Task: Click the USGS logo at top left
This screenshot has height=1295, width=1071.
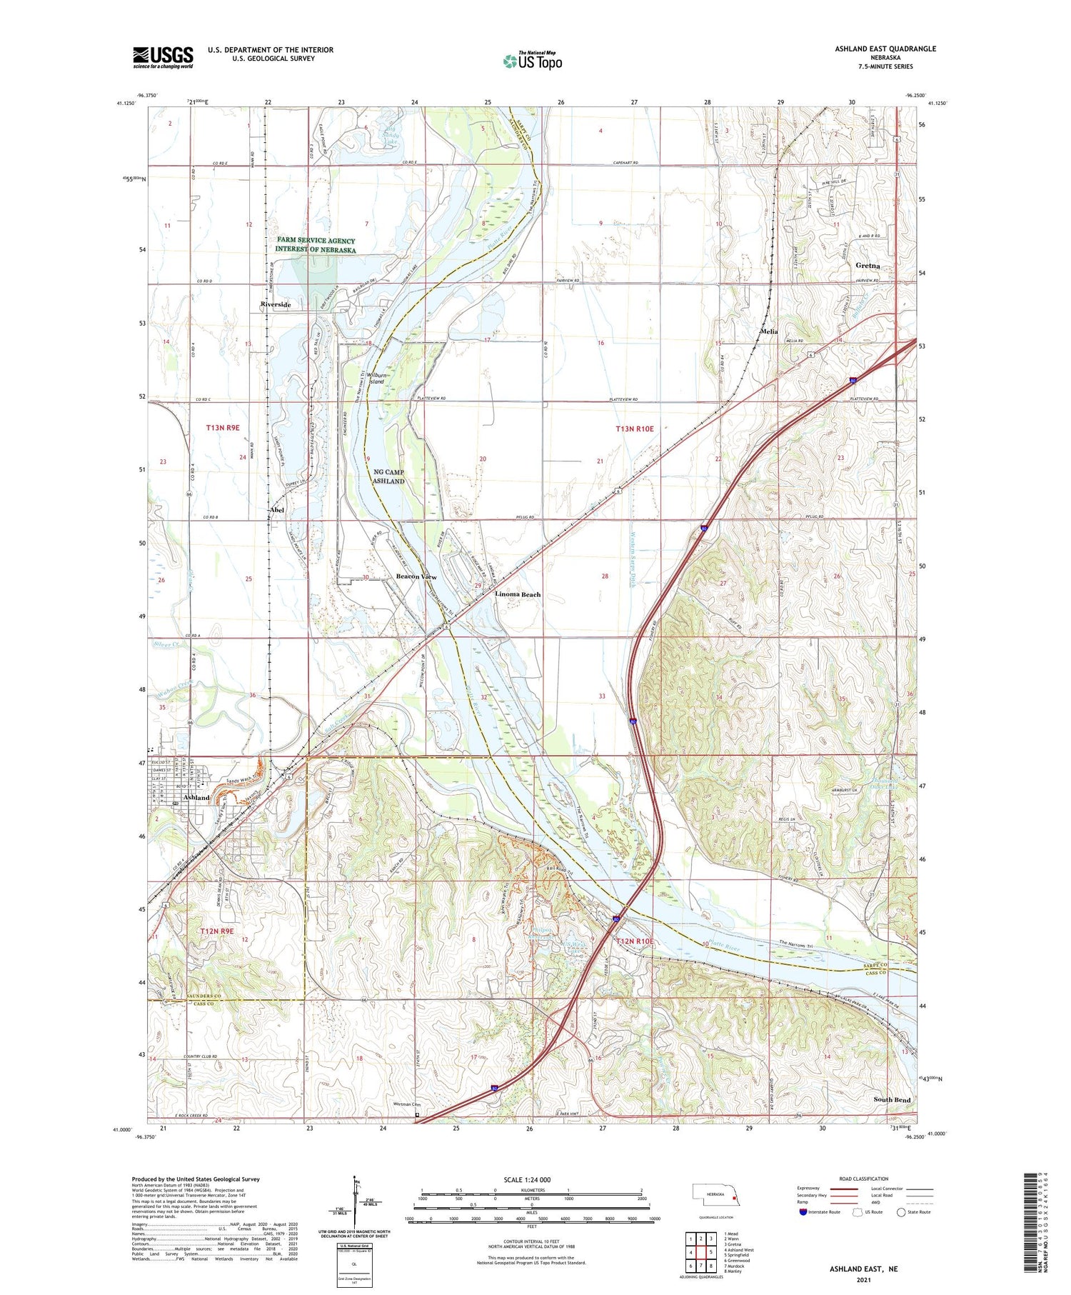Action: click(x=163, y=57)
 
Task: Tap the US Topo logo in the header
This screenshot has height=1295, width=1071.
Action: click(x=532, y=61)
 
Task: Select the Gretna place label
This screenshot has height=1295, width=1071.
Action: click(x=868, y=265)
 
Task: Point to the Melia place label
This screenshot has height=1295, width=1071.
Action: click(x=768, y=331)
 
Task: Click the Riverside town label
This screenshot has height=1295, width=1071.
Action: click(x=275, y=304)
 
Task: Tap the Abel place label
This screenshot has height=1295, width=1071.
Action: click(x=276, y=510)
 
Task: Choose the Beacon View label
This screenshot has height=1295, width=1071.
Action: click(x=416, y=576)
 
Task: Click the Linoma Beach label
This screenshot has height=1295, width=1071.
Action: click(x=518, y=594)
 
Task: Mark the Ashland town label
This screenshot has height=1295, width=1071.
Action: click(x=196, y=797)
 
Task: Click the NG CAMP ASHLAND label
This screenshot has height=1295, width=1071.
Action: click(x=389, y=476)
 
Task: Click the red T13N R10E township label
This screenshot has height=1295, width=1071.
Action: click(x=635, y=429)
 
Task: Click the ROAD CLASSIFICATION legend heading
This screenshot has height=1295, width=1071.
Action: click(x=864, y=1179)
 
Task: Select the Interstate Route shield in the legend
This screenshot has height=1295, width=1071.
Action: click(x=803, y=1212)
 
